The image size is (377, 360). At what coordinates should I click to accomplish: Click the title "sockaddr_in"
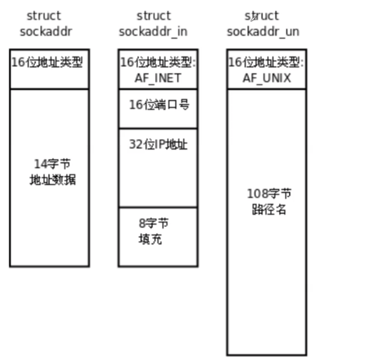[x=153, y=31]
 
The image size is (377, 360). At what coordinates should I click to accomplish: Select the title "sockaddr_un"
[x=263, y=31]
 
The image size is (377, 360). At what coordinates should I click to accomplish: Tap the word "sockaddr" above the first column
[x=46, y=31]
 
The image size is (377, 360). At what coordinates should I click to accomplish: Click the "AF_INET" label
[x=158, y=78]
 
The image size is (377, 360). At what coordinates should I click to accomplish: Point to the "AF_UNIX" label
[x=267, y=78]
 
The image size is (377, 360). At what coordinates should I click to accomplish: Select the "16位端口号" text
[x=159, y=104]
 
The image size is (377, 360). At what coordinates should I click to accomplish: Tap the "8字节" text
[x=154, y=224]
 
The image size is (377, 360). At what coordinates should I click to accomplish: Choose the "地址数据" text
[x=53, y=179]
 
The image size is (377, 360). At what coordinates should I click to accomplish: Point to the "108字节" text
[x=269, y=194]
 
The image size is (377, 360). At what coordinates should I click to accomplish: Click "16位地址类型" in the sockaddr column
[x=47, y=62]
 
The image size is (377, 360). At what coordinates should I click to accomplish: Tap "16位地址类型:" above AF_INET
[x=158, y=62]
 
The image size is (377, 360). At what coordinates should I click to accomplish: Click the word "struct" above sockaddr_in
[x=154, y=16]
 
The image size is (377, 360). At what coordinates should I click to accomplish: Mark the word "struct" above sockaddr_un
[x=262, y=16]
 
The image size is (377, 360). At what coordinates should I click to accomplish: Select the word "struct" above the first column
[x=44, y=16]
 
